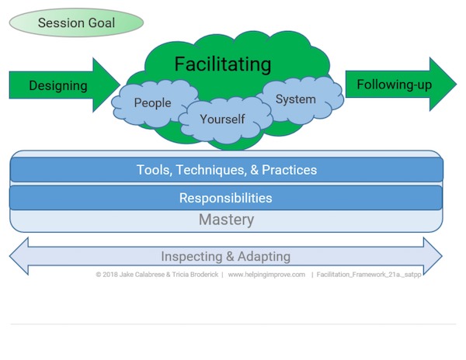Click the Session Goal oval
click(x=76, y=22)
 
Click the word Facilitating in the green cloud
click(x=222, y=63)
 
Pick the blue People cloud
click(x=152, y=102)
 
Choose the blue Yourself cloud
click(x=222, y=119)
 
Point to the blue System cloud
click(x=296, y=99)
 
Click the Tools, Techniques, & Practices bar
click(x=226, y=170)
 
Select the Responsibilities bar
click(x=226, y=198)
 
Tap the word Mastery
click(x=226, y=220)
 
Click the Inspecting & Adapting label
click(x=226, y=256)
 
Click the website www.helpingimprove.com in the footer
click(x=266, y=274)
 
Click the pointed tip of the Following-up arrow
click(x=455, y=84)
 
